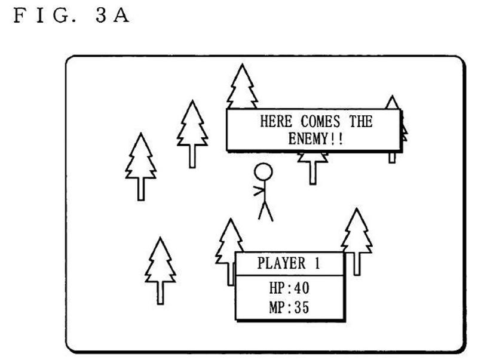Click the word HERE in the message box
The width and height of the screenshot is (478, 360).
(x=276, y=121)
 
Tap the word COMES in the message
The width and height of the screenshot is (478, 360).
(x=320, y=122)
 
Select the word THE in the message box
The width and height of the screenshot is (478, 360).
(x=361, y=121)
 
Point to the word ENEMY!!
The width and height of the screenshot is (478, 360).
(x=315, y=139)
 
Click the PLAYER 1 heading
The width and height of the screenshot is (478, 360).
(x=289, y=263)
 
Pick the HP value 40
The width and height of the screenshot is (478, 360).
(x=302, y=288)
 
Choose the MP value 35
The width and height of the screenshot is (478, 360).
(x=302, y=307)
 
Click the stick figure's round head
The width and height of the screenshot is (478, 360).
(x=263, y=172)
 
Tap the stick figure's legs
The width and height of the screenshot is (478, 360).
(x=265, y=211)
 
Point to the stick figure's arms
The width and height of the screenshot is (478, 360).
(x=259, y=191)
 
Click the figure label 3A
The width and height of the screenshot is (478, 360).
(x=112, y=16)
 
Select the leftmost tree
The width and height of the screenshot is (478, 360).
(x=140, y=167)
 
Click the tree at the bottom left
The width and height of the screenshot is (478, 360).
(x=160, y=271)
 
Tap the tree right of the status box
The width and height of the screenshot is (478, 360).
(x=356, y=242)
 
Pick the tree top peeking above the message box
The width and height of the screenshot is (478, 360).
(x=243, y=86)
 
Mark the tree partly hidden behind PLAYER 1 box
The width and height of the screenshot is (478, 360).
(x=229, y=251)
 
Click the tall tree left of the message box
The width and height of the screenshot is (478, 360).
(x=192, y=134)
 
